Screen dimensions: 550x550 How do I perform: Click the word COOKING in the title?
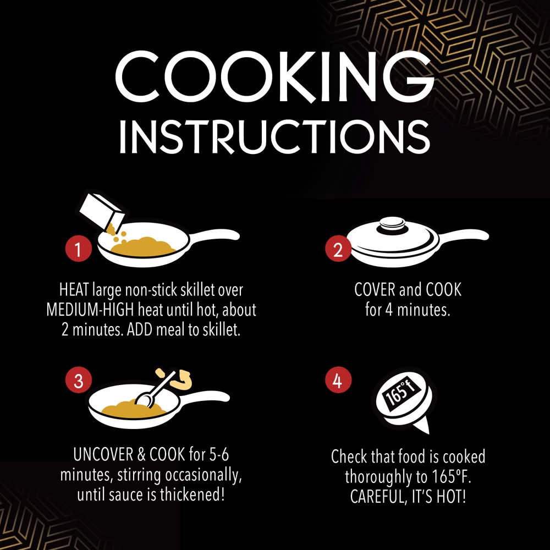point(275,76)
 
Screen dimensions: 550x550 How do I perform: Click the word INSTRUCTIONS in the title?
point(275,136)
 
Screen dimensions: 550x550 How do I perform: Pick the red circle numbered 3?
point(78,380)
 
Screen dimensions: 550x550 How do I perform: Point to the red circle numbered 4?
point(338,380)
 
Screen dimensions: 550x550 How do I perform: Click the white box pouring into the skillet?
point(101,211)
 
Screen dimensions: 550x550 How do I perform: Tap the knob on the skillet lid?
point(392,224)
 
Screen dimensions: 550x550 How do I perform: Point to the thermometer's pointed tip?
point(428,433)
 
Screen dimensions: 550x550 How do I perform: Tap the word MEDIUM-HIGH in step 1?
point(90,310)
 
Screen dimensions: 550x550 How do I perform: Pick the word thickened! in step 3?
point(192,495)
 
